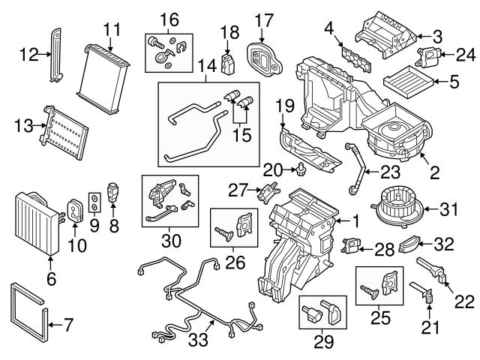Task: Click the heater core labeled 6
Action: click(x=34, y=221)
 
